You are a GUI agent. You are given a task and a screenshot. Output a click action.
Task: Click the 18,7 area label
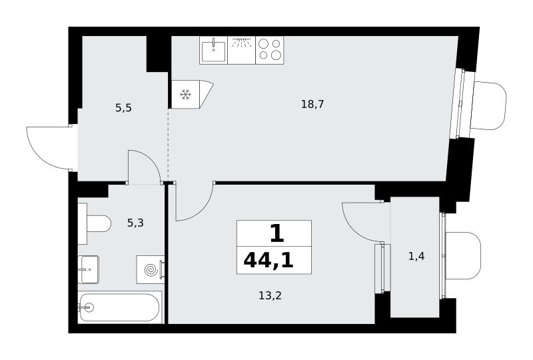[312, 104]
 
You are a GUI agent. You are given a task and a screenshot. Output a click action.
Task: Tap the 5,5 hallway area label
[123, 108]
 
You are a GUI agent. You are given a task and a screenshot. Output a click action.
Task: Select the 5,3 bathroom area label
[135, 223]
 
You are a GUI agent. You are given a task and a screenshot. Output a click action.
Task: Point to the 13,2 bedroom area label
[270, 296]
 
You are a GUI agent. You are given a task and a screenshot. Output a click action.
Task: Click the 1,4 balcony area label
[416, 256]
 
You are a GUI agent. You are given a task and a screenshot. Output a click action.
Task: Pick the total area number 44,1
[268, 261]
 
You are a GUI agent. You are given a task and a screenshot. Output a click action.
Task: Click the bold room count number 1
[276, 235]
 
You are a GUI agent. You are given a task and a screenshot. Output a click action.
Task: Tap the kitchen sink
[213, 51]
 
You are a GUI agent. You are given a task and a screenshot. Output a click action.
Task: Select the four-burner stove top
[270, 51]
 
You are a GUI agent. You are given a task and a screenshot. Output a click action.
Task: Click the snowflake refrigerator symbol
[185, 95]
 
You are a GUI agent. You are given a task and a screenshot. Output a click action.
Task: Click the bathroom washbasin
[89, 269]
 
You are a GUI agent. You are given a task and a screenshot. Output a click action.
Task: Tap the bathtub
[119, 307]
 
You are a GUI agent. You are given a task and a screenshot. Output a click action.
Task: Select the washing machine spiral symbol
[151, 270]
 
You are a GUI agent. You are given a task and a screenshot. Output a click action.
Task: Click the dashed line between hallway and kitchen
[169, 144]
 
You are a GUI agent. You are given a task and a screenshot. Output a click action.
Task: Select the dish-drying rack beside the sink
[241, 51]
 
